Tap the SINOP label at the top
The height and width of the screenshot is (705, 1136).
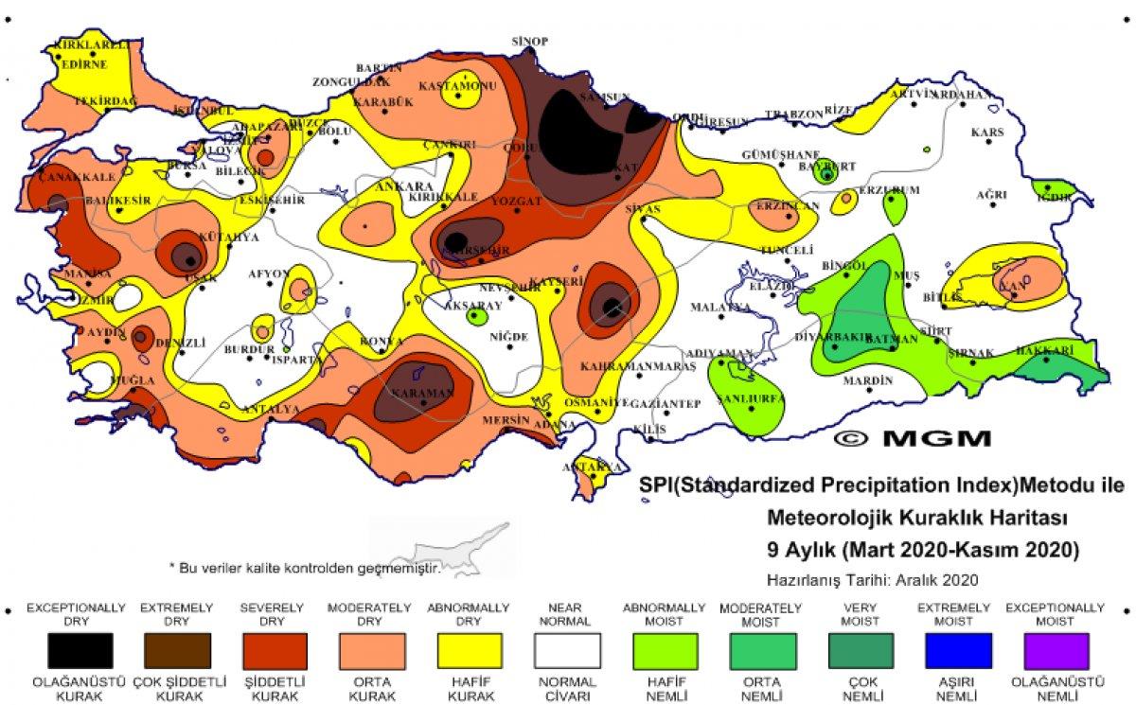point(530,41)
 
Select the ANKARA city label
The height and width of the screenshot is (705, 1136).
point(405,186)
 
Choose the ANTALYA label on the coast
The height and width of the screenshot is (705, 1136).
point(271,409)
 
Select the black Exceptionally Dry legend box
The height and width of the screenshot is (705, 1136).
point(80,652)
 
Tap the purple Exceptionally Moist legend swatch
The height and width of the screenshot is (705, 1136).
point(1055,652)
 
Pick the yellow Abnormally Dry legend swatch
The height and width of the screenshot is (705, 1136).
point(470,652)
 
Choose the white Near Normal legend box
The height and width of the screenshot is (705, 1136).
point(567,652)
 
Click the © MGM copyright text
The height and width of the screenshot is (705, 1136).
point(913,438)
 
